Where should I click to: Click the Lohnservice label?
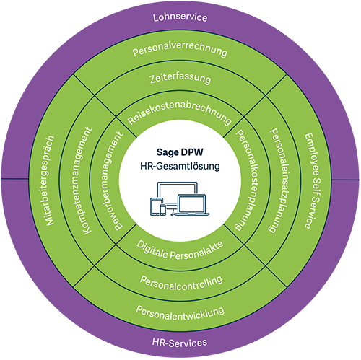(x=180, y=17)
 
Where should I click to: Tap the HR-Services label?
(x=180, y=342)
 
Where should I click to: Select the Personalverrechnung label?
(x=180, y=49)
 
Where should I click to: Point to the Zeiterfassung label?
(x=180, y=79)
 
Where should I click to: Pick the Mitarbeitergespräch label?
(x=50, y=180)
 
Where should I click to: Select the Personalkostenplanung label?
(x=246, y=180)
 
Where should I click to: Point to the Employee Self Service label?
(x=313, y=180)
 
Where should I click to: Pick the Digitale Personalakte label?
(x=180, y=251)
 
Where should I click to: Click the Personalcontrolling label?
(x=181, y=284)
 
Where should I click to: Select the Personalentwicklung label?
(x=180, y=313)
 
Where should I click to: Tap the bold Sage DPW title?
(x=180, y=152)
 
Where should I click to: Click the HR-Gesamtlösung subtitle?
(x=180, y=166)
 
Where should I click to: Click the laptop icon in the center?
(x=192, y=204)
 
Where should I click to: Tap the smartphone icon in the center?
(x=163, y=210)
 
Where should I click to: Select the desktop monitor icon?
(x=178, y=195)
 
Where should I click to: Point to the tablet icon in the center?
(x=156, y=206)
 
